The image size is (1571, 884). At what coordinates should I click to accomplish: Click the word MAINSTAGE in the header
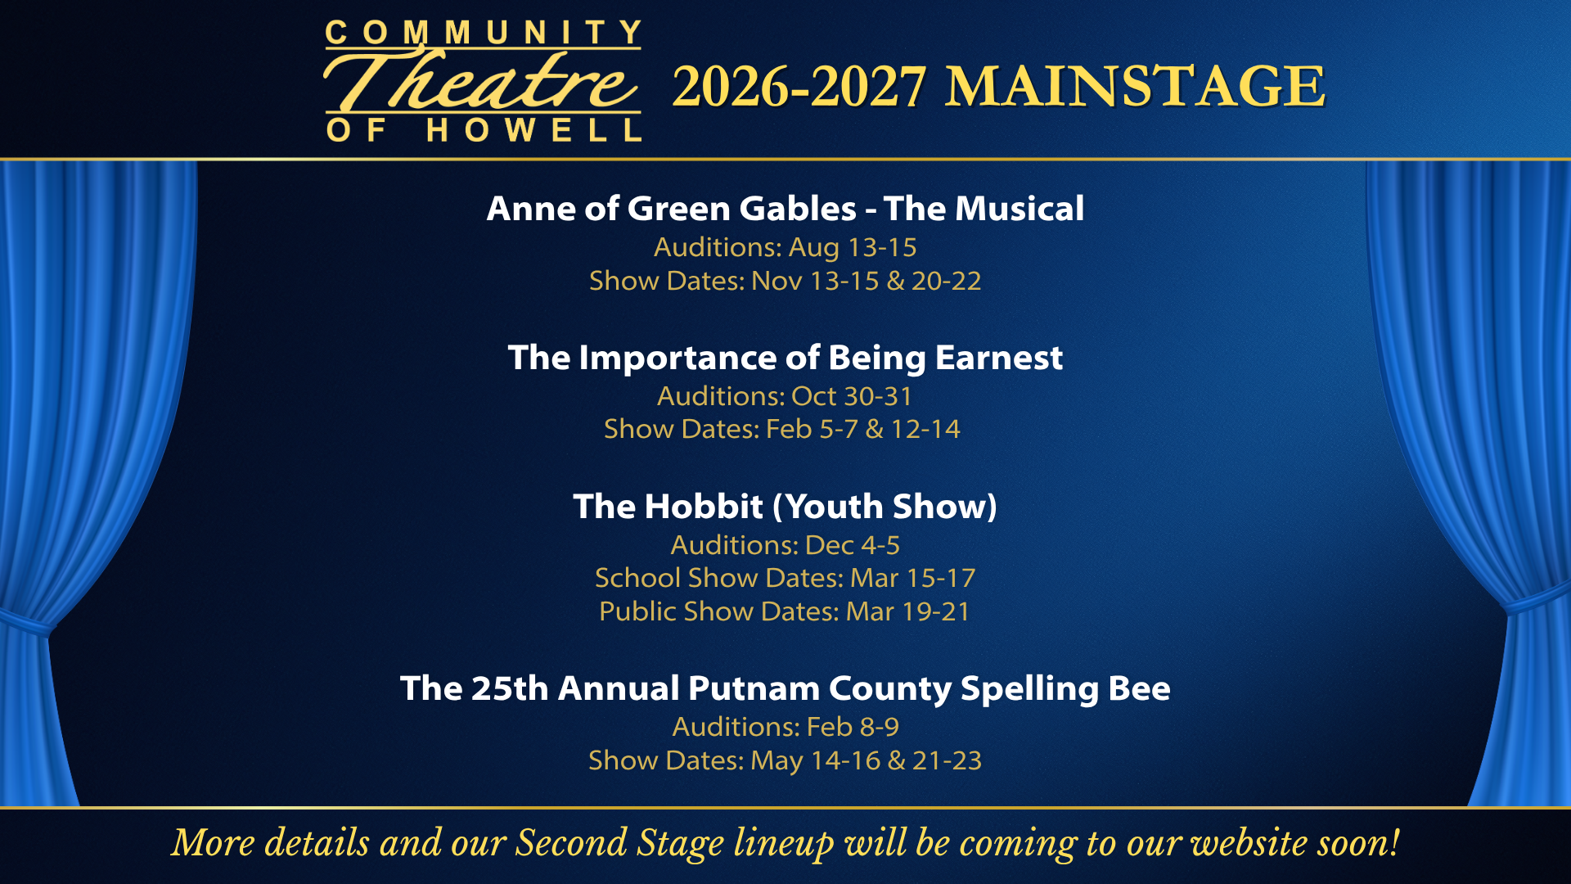[1135, 86]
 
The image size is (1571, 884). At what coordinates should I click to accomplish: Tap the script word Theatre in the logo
[483, 82]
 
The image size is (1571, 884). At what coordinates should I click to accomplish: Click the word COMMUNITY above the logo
[483, 33]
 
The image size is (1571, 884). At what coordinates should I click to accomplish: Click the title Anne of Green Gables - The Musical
[785, 209]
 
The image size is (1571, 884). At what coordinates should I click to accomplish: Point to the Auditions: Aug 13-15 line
[785, 247]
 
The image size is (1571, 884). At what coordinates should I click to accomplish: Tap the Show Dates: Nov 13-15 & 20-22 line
[785, 281]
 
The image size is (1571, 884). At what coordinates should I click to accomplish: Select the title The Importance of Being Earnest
[785, 358]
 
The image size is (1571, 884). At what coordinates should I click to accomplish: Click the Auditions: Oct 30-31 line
[785, 396]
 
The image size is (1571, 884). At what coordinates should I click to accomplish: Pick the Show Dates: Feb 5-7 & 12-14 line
[782, 429]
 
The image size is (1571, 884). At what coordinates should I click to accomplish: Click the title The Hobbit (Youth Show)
[785, 507]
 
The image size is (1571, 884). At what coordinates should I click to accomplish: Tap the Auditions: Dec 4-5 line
[785, 545]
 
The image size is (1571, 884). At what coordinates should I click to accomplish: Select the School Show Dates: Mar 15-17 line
[785, 578]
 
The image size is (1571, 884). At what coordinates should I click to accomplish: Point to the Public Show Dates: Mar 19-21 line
[785, 611]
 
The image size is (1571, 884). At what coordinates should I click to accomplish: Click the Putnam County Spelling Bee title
[785, 688]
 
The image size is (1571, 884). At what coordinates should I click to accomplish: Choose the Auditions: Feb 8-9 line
[785, 727]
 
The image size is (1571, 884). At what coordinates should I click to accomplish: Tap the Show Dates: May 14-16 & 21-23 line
[785, 760]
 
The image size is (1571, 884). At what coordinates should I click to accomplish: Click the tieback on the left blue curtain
[25, 624]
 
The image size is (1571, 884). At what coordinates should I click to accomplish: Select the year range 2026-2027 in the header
[799, 86]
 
